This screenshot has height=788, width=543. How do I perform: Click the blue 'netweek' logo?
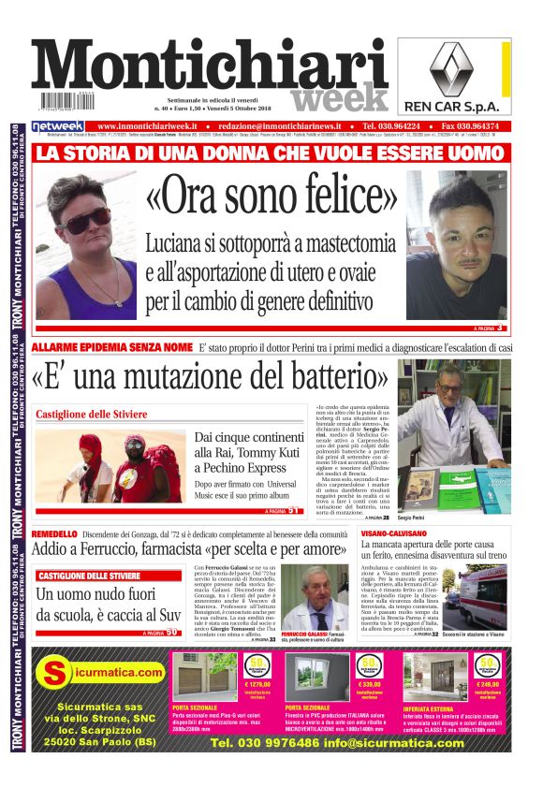pyautogui.click(x=58, y=126)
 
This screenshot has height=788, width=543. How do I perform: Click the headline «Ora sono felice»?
pyautogui.click(x=267, y=197)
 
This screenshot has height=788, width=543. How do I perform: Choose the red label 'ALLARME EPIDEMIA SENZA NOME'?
pyautogui.click(x=111, y=347)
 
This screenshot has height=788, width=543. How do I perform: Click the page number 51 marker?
pyautogui.click(x=293, y=510)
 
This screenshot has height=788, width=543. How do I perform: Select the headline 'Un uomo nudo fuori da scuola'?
pyautogui.click(x=98, y=604)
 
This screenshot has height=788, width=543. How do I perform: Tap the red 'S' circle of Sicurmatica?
pyautogui.click(x=58, y=672)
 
